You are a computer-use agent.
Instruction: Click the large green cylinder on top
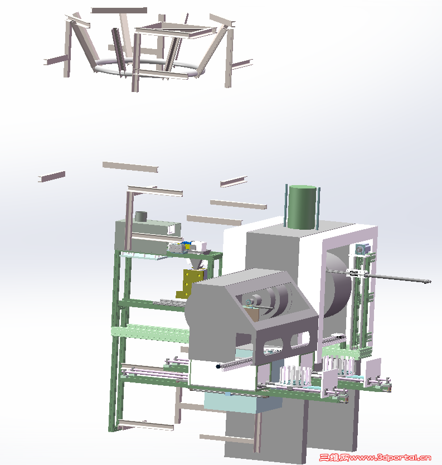pos(302,207)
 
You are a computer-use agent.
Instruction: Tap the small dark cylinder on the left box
pos(141,216)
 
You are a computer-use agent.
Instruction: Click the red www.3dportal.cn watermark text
pos(390,458)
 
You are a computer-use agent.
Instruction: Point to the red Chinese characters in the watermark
pos(334,458)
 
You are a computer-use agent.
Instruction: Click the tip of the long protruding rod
pos(430,281)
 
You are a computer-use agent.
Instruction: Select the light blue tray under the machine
pos(242,403)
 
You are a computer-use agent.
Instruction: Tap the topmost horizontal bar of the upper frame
pos(119,11)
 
